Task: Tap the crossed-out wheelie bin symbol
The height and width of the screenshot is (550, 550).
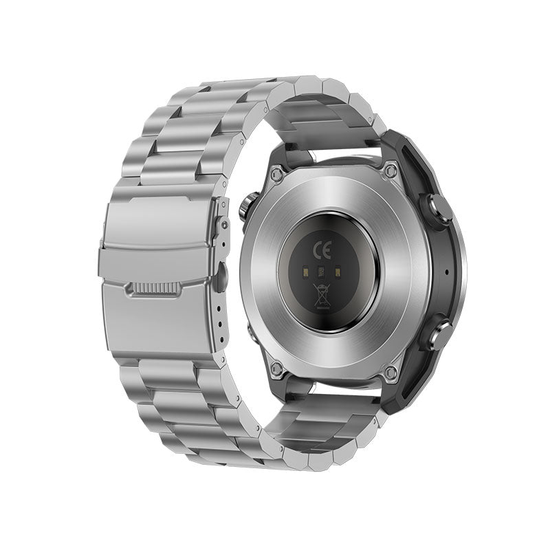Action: click(x=321, y=294)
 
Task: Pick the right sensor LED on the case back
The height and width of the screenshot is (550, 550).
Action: click(x=338, y=273)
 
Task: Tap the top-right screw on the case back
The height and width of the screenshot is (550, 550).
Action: click(x=391, y=169)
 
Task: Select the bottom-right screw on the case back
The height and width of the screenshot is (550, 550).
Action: click(x=390, y=373)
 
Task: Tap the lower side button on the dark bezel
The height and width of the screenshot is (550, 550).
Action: click(x=435, y=335)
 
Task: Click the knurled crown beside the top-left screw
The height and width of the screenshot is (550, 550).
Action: click(x=247, y=206)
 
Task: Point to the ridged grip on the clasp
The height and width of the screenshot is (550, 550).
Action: click(x=153, y=289)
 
